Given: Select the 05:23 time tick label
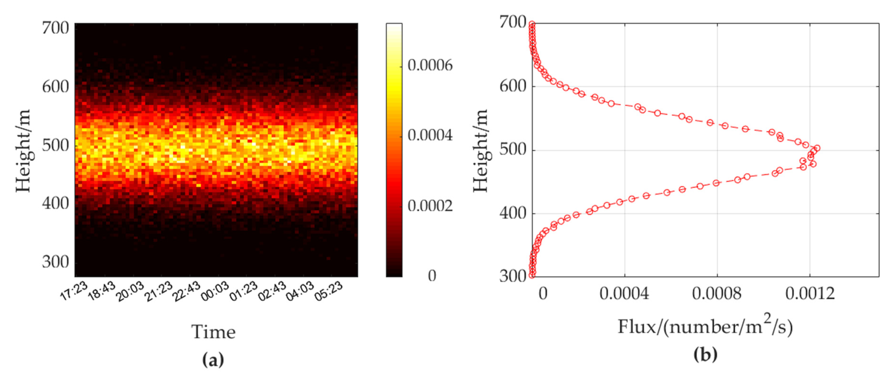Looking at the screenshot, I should pyautogui.click(x=328, y=291).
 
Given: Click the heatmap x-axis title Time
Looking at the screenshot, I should pyautogui.click(x=214, y=332).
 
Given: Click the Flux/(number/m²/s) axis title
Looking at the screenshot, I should pyautogui.click(x=705, y=327).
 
